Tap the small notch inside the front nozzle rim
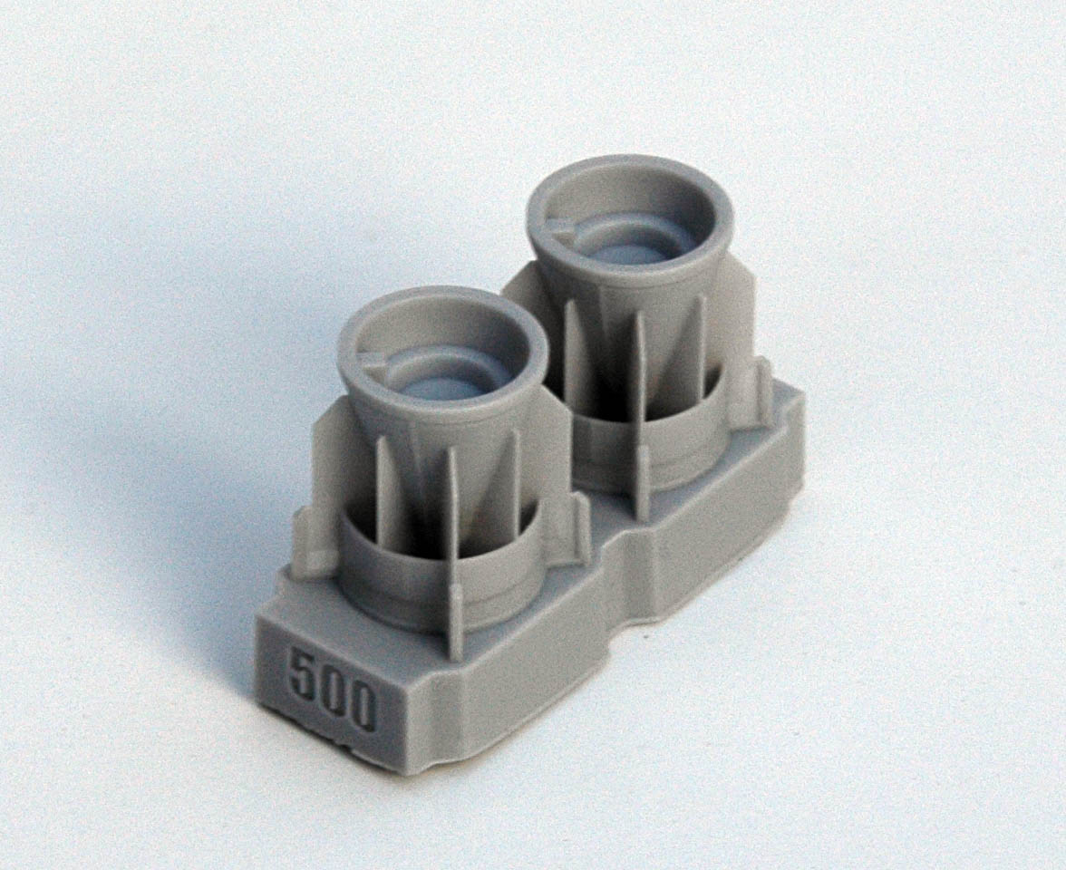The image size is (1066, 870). click(x=372, y=361)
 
